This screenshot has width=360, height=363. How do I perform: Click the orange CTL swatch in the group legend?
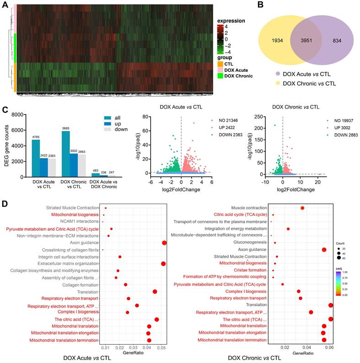220,64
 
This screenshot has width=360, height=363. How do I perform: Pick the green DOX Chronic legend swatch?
220,76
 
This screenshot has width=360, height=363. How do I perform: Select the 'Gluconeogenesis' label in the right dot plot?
252,243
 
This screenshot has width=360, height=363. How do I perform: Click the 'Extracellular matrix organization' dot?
163,263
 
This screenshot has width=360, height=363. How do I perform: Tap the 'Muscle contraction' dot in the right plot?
302,208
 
